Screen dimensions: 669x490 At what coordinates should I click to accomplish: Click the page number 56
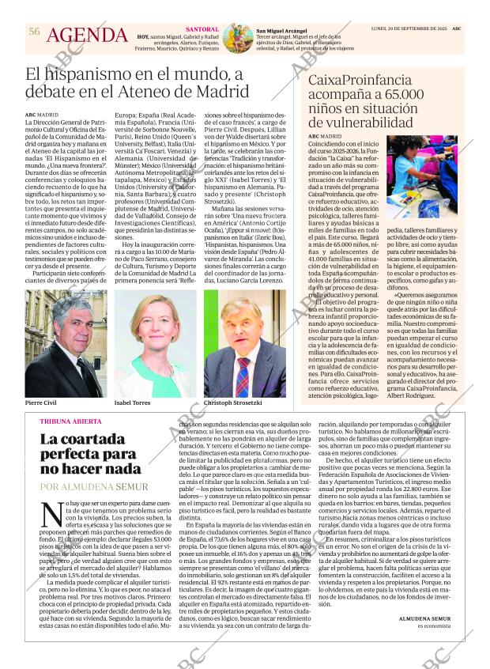click(x=34, y=31)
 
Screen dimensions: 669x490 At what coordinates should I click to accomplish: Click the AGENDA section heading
click(x=87, y=36)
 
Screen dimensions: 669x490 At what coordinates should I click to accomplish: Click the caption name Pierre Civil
click(x=41, y=403)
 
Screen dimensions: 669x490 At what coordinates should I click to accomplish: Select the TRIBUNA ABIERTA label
click(x=70, y=421)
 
